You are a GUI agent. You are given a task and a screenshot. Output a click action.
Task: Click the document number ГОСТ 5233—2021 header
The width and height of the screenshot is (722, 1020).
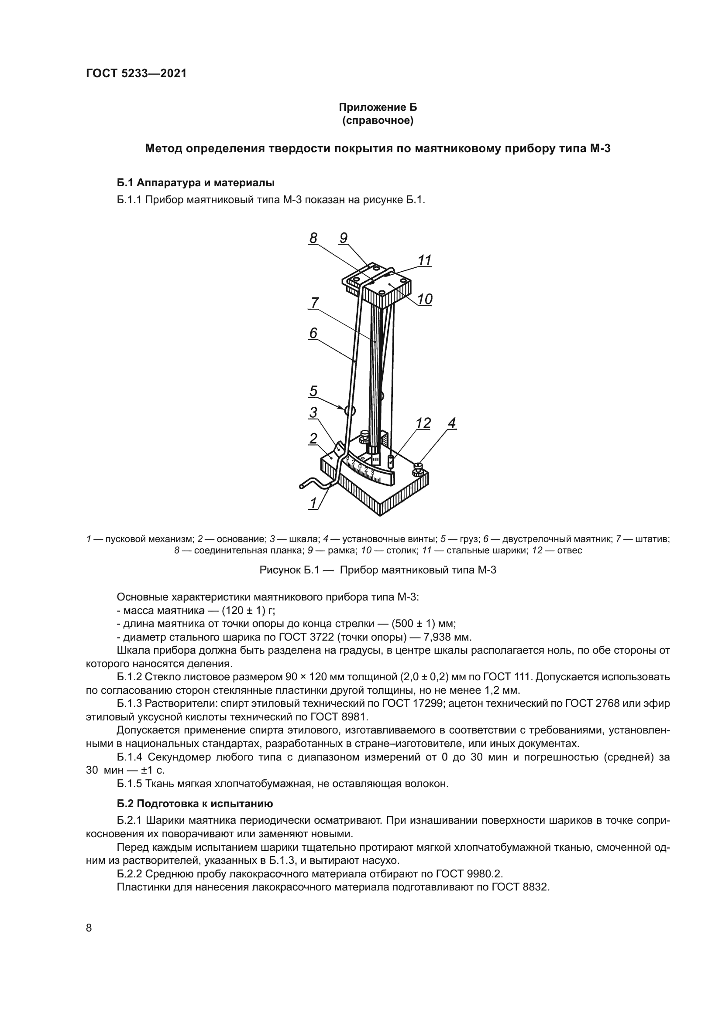click(136, 73)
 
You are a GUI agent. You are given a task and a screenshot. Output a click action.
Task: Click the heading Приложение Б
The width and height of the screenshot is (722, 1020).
click(378, 107)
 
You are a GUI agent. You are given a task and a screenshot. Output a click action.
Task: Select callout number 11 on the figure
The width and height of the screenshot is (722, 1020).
click(425, 260)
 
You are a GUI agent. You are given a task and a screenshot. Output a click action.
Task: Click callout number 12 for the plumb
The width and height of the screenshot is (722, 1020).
click(423, 423)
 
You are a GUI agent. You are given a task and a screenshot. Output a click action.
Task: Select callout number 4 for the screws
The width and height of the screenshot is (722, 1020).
click(451, 423)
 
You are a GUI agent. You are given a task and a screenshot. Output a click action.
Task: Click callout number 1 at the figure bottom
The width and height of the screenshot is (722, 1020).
click(313, 503)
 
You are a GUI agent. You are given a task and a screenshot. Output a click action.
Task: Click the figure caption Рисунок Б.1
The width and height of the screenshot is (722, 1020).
click(378, 570)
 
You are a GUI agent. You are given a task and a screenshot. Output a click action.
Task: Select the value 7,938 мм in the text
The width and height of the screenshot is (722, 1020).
click(447, 638)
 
